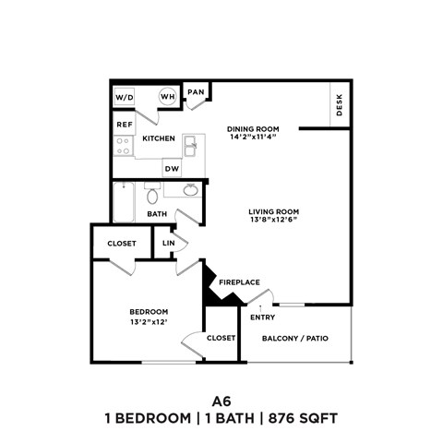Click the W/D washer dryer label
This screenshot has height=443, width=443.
[x=124, y=97]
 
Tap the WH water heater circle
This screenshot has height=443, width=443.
[x=168, y=97]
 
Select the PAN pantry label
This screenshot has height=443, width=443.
[x=196, y=92]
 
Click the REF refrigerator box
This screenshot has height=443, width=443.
[x=123, y=124]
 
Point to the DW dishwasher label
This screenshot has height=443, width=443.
[x=172, y=169]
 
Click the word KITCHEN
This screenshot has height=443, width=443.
[x=158, y=138]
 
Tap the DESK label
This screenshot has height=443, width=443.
[x=340, y=107]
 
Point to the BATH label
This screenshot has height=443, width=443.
[x=158, y=214]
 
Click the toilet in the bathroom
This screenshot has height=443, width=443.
[x=152, y=195]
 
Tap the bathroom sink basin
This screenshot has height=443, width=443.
[x=190, y=190]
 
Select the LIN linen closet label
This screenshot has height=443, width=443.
[x=168, y=244]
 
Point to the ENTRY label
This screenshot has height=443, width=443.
[x=263, y=318]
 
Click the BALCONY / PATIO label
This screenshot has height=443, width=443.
[x=295, y=338]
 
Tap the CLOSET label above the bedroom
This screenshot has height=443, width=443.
[x=122, y=244]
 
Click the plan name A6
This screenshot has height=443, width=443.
[x=221, y=401]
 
